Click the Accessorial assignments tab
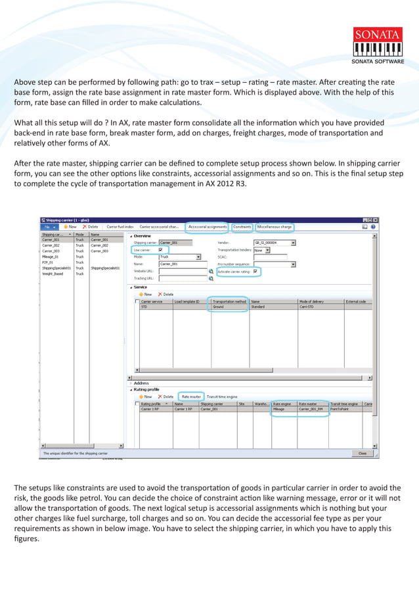[x=208, y=227]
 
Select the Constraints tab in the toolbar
[x=242, y=227]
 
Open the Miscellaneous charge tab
[x=275, y=227]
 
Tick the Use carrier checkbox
[x=161, y=250]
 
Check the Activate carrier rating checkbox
[x=255, y=271]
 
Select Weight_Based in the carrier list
[x=53, y=273]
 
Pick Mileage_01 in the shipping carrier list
[x=51, y=257]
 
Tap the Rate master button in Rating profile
[x=191, y=396]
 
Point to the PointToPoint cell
[x=341, y=409]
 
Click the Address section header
[x=141, y=383]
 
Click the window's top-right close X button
[x=376, y=220]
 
